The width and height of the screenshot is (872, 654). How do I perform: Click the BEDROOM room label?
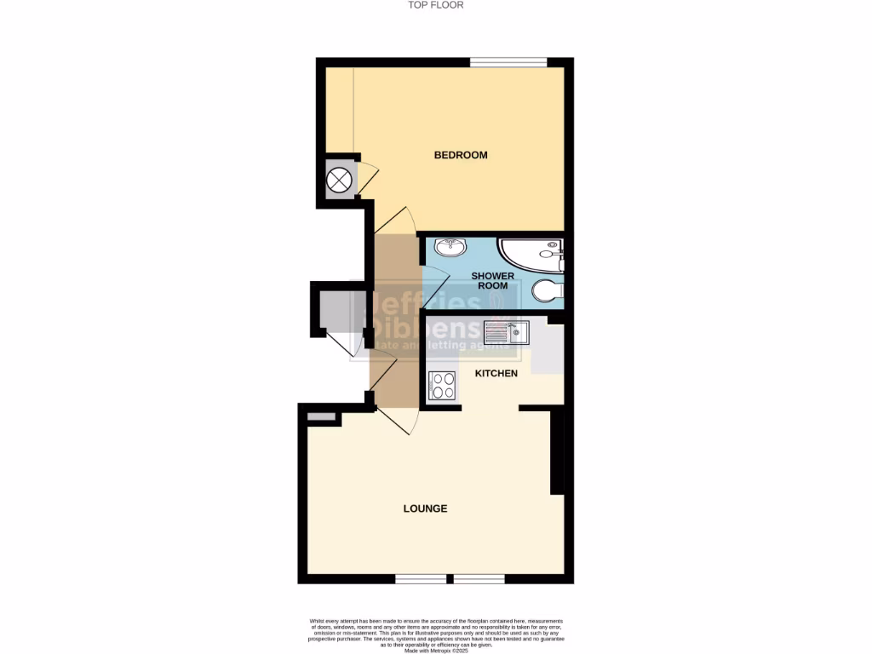[461, 155]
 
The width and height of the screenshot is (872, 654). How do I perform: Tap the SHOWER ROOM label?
[493, 281]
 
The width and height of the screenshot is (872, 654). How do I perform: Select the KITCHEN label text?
[496, 374]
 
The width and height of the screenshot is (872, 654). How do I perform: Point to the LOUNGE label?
[425, 508]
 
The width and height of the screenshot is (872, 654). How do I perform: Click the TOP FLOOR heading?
[435, 5]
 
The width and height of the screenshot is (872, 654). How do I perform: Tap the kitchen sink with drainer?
[507, 332]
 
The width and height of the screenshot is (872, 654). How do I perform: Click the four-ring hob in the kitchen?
[443, 387]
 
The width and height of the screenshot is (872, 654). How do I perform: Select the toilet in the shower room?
[547, 291]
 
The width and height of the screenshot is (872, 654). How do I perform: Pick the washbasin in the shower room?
[450, 247]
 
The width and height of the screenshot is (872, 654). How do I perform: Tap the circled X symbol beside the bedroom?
[340, 180]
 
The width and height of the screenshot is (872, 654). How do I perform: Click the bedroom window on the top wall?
[508, 61]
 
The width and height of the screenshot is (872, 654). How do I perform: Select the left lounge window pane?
[421, 579]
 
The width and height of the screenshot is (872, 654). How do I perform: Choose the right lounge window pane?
[479, 579]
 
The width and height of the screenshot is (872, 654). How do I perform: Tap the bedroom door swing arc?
[399, 220]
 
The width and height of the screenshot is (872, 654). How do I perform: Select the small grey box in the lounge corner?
[321, 416]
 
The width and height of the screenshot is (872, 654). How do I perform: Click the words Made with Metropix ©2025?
[435, 651]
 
